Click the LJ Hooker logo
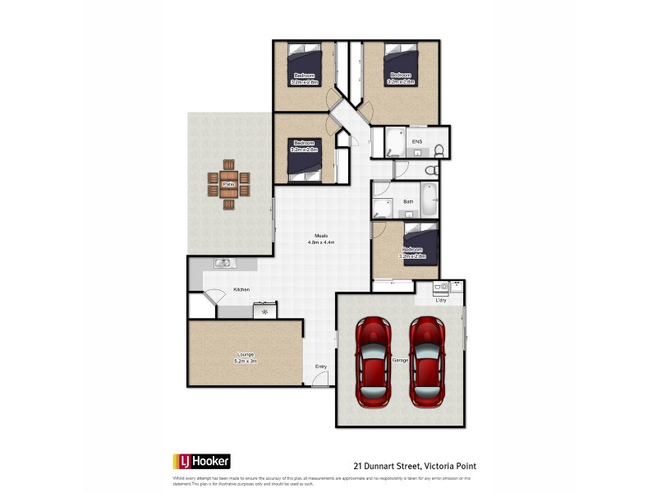tap(200, 461)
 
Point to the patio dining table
tap(229, 184)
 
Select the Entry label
tap(320, 366)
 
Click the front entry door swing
tap(322, 378)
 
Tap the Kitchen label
tap(241, 289)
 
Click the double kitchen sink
tap(223, 263)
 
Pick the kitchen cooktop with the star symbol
tap(265, 311)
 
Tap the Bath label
tap(408, 202)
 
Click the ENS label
tap(417, 142)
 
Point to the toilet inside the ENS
tap(439, 150)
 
